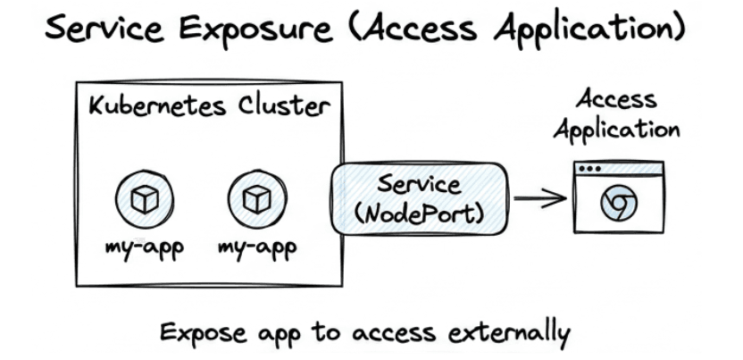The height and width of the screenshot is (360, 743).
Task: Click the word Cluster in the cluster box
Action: coord(283,107)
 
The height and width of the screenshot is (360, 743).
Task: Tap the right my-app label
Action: coord(257,246)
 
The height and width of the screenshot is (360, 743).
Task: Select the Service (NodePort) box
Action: coord(420,198)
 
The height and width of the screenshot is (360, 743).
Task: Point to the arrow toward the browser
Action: coord(540,198)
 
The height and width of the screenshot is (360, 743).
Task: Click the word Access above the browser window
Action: coord(616,98)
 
